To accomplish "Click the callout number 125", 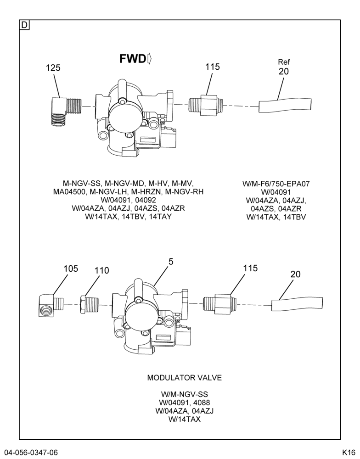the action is [53, 68].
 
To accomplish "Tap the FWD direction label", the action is [132, 59].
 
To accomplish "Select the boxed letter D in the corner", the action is [24, 25].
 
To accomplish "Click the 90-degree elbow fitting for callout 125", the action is [64, 111].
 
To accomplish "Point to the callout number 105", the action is [71, 269].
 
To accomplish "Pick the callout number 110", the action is [101, 270].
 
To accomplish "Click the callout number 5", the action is [171, 262].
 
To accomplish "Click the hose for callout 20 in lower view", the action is [298, 304].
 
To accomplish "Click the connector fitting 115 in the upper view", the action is [206, 105].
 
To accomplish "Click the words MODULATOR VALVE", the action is [184, 378].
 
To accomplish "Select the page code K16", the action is [349, 452].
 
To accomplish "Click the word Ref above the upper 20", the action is [284, 62].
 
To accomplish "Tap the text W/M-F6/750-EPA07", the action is [276, 184].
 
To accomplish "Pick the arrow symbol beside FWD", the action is [149, 59].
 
